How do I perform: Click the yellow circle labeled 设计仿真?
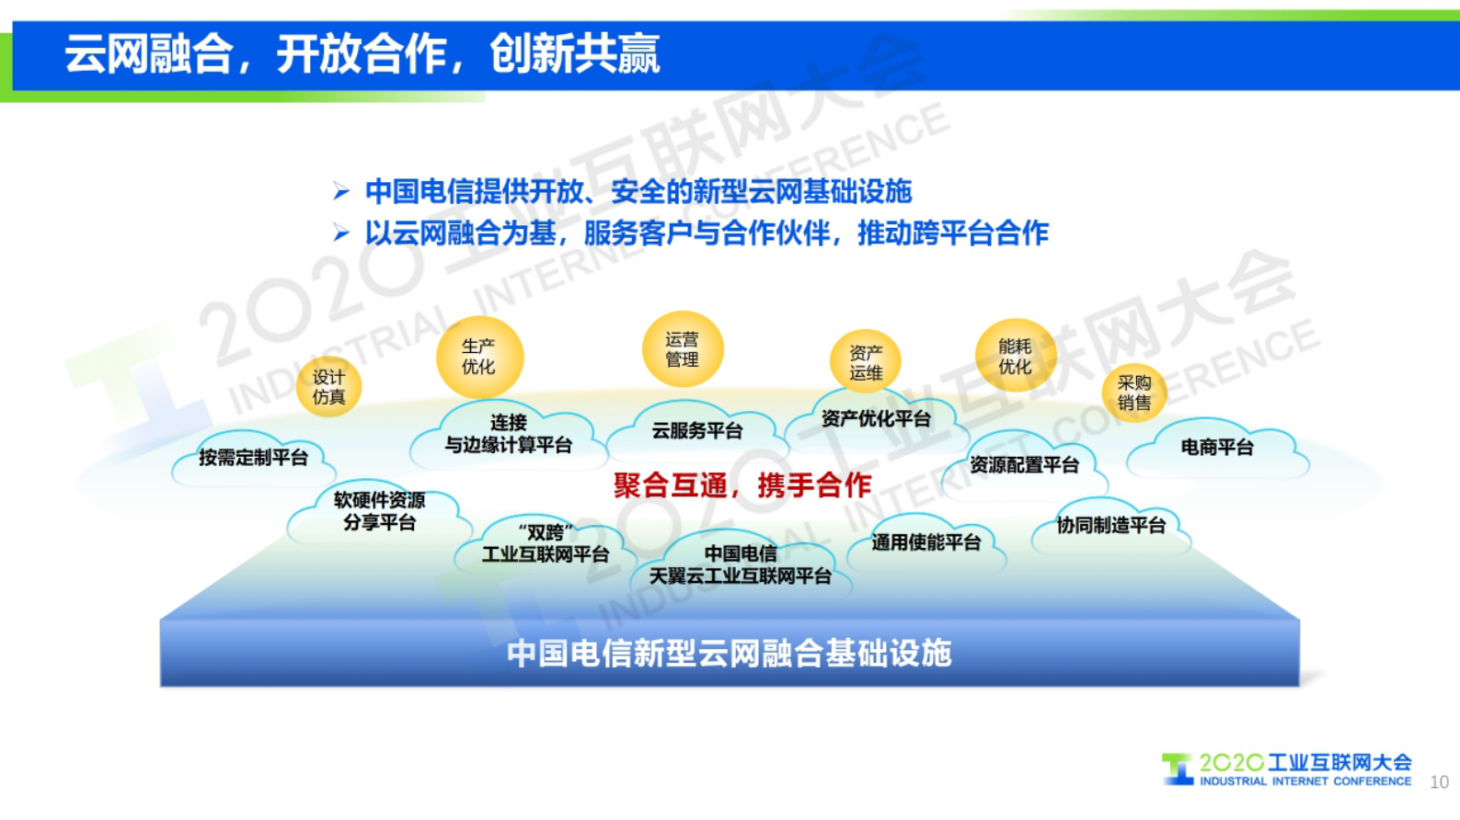(328, 387)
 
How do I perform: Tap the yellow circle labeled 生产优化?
(478, 357)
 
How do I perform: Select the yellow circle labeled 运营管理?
(682, 349)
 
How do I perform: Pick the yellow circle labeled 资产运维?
(865, 362)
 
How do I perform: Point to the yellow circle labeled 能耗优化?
(1015, 357)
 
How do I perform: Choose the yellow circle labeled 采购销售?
(1133, 393)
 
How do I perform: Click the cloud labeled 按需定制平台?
(253, 458)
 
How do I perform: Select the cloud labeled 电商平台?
(1216, 449)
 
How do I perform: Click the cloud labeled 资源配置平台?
(1024, 465)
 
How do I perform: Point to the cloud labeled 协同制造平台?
(1110, 526)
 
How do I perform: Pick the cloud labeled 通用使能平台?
(925, 543)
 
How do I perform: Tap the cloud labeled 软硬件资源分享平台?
(379, 512)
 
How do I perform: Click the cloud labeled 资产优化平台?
(876, 419)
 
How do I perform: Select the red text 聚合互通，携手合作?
(741, 485)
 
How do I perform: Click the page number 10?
(1439, 782)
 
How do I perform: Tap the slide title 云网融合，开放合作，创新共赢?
(362, 53)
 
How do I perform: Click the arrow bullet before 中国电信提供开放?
(341, 192)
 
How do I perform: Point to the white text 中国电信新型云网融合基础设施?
(729, 654)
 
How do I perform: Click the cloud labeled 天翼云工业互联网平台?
(741, 565)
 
